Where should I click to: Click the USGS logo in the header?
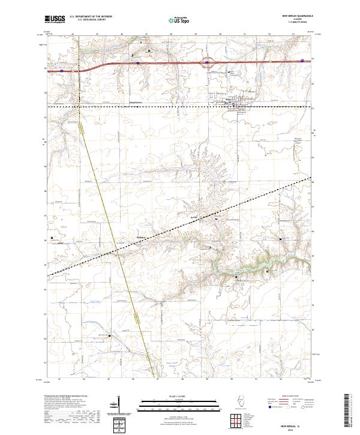[55, 20]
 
